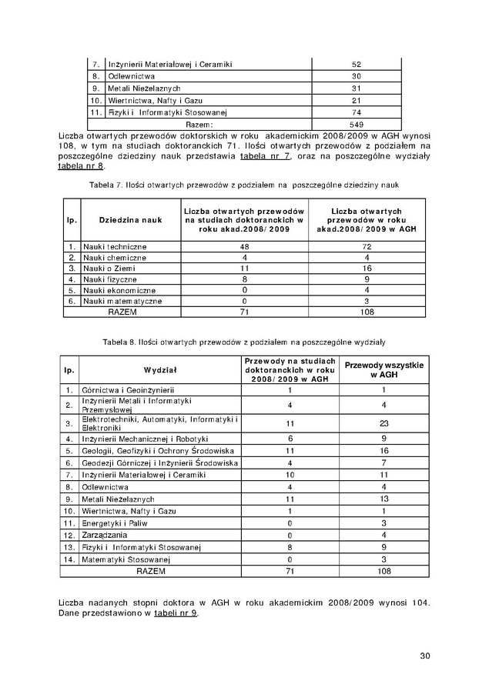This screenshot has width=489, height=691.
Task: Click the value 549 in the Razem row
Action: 356,124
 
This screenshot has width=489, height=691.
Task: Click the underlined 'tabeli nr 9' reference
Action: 176,613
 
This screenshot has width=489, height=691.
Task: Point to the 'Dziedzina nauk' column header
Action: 129,220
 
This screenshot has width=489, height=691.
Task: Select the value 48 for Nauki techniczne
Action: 244,246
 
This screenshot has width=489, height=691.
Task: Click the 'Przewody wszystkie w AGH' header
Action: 383,369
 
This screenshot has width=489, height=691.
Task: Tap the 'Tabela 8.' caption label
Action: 118,340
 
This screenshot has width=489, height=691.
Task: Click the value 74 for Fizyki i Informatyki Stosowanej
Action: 356,112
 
